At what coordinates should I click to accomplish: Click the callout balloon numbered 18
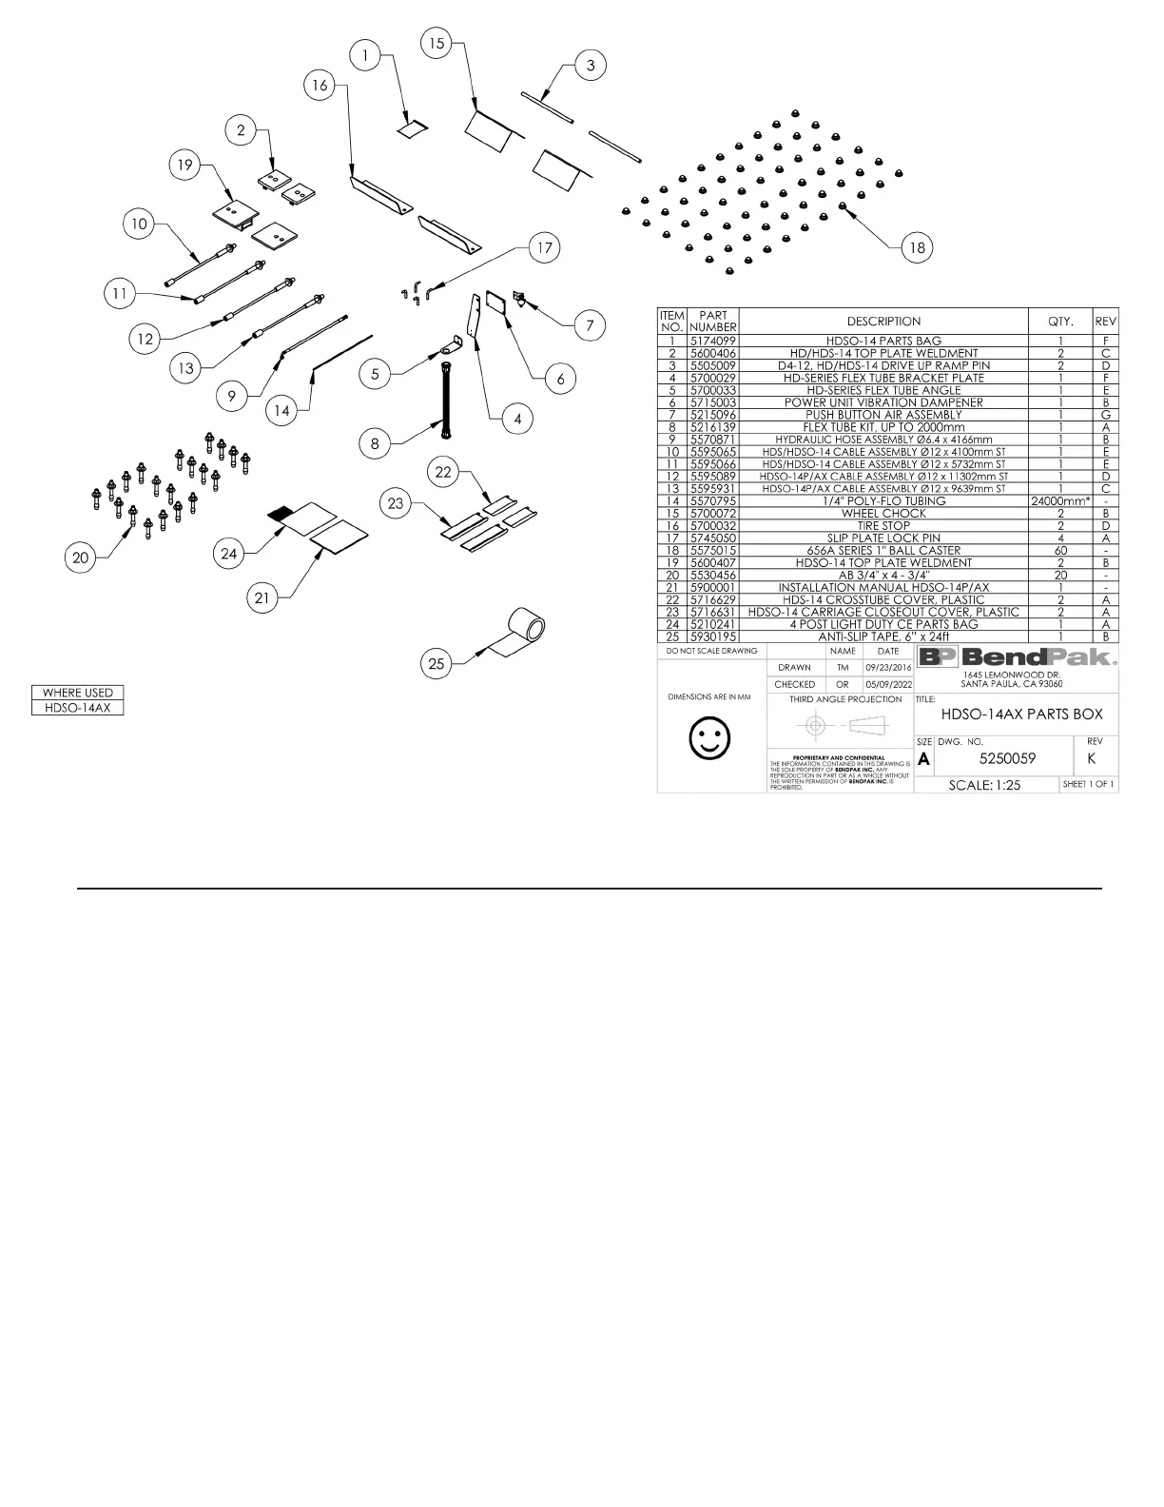917,247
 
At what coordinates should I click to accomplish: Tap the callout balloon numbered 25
436,663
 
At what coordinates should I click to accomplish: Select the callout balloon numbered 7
590,325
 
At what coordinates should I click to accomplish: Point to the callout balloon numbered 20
81,558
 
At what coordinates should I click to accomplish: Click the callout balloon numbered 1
365,56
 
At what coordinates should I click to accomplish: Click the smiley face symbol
709,737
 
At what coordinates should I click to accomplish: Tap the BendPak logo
1016,657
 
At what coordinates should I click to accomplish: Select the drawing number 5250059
1007,758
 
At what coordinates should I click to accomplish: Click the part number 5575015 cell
712,550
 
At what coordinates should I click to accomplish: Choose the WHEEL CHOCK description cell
883,513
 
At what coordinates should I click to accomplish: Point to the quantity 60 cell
1060,550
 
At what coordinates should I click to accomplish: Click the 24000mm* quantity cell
1060,500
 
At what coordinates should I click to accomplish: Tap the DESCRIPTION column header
883,321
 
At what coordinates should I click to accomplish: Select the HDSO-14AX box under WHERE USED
78,708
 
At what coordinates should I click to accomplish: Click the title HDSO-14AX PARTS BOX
1021,714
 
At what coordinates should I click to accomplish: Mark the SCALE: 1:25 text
984,786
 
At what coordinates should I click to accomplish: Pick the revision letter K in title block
1091,758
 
